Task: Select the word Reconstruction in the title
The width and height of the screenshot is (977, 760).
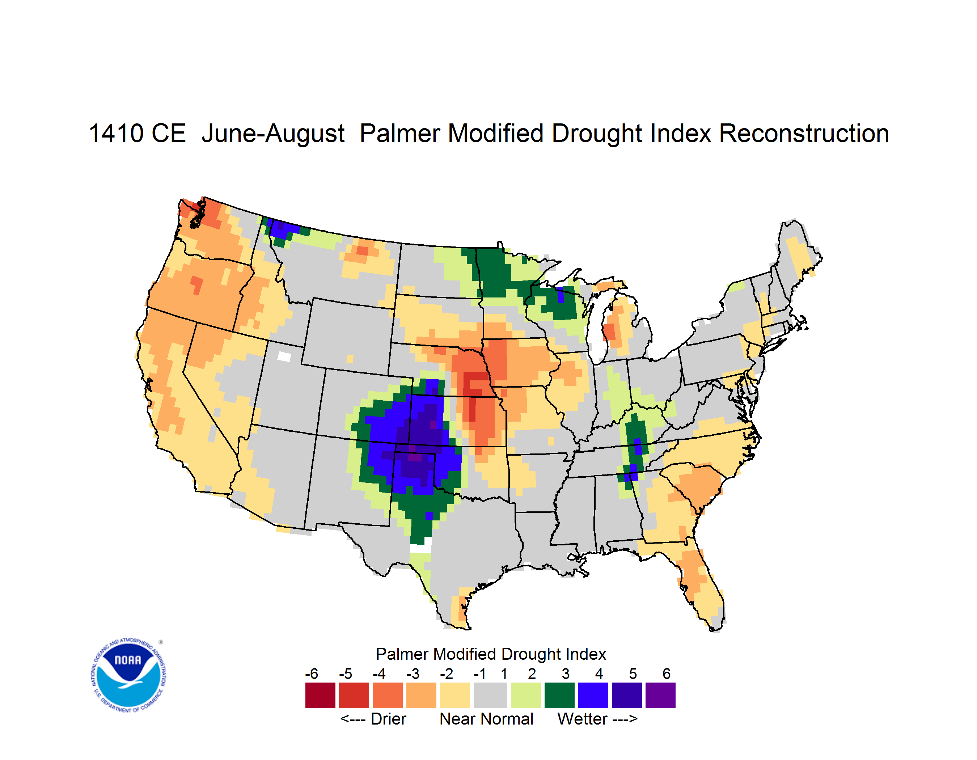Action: tap(804, 133)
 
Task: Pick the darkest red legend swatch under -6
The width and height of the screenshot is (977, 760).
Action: tap(320, 695)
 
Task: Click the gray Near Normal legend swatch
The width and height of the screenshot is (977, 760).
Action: tap(490, 695)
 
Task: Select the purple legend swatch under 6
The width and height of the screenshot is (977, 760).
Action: tap(660, 695)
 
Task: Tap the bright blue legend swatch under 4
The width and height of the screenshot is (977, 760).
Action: tap(593, 695)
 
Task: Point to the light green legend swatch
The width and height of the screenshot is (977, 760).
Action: tap(526, 695)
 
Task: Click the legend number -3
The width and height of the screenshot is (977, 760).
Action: tap(413, 674)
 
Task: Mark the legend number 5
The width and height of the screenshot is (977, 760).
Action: tap(633, 674)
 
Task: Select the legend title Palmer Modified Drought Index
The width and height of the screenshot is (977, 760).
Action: tap(491, 654)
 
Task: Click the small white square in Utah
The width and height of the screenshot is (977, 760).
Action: tap(284, 356)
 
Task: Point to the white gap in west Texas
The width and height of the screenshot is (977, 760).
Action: tap(420, 548)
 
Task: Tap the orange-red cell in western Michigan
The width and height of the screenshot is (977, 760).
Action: tap(609, 332)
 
